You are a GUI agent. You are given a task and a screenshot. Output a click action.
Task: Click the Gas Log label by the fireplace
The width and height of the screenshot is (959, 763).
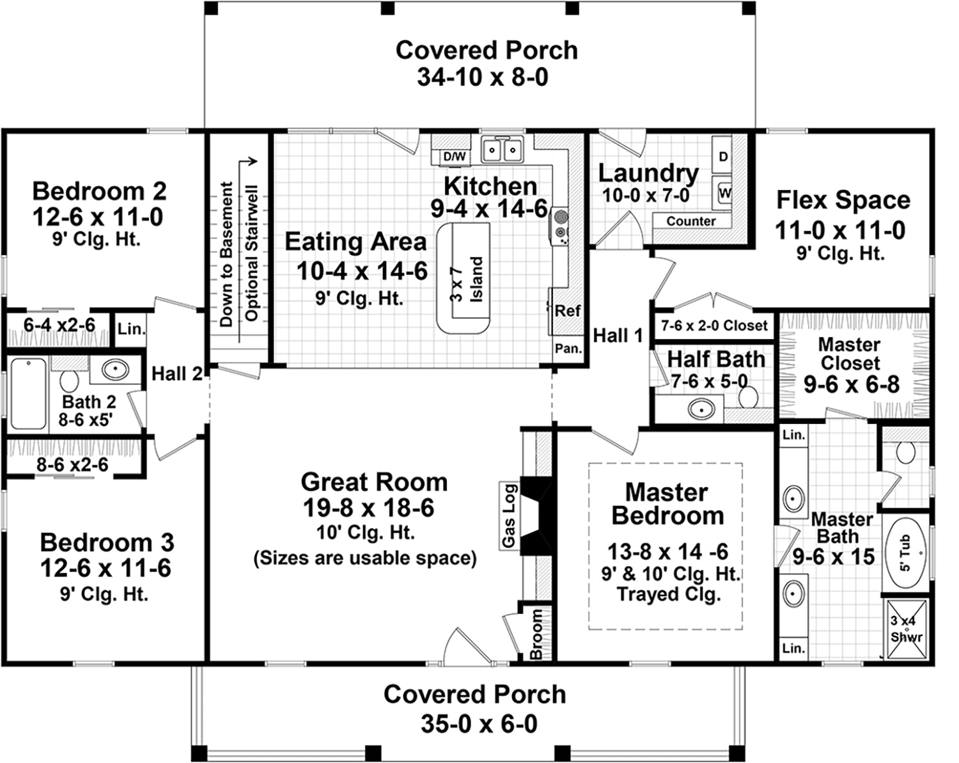tap(509, 516)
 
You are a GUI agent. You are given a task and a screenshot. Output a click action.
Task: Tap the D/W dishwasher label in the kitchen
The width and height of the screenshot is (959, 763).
tap(455, 157)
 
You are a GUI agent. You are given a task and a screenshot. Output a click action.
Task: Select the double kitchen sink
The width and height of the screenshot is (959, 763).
tap(502, 150)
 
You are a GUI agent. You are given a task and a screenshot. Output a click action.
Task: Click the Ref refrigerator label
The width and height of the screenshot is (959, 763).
tap(567, 310)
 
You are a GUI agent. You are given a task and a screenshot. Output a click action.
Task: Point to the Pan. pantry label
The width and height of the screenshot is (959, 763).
tap(568, 349)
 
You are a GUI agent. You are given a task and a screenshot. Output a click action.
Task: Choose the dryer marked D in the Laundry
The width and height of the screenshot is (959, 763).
tap(722, 155)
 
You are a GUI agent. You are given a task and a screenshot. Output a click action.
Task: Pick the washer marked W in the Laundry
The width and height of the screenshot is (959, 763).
tap(722, 193)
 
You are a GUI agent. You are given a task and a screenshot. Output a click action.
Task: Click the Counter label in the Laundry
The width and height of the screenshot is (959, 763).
tap(690, 221)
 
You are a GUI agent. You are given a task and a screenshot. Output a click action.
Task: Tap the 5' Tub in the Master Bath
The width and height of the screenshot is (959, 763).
tap(905, 553)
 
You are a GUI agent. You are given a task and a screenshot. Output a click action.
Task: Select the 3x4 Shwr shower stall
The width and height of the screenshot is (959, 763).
tap(906, 629)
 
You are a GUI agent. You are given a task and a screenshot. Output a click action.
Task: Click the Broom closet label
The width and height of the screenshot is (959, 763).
tap(536, 634)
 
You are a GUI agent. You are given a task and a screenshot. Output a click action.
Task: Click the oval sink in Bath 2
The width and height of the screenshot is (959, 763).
tap(116, 369)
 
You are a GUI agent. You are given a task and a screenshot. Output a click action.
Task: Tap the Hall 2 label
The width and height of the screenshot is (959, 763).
tap(177, 374)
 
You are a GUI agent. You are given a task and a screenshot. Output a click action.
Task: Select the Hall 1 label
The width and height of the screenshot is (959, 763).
tap(618, 335)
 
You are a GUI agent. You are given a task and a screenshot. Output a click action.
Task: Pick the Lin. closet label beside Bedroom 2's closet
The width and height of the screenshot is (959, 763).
tap(132, 329)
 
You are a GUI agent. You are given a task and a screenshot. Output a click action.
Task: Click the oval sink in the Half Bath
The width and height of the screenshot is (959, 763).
tap(701, 409)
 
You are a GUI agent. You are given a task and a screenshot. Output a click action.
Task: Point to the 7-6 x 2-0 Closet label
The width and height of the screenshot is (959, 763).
tap(714, 326)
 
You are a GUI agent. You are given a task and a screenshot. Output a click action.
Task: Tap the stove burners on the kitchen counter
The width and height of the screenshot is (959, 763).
tap(560, 226)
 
